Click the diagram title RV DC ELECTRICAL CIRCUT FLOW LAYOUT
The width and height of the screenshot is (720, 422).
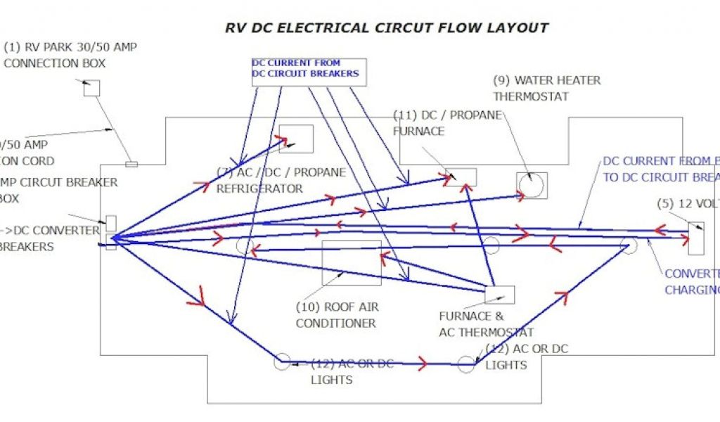pos(385,28)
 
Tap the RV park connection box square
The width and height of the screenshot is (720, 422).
pos(91,88)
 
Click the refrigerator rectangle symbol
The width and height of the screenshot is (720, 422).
pos(296,139)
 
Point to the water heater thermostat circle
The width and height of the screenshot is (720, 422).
pos(531,185)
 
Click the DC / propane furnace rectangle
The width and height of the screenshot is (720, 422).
pos(461,177)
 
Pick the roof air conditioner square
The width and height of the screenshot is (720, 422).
pos(352,262)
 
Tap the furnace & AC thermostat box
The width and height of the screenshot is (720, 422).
pos(499,295)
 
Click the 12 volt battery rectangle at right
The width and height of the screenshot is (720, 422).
pos(695,238)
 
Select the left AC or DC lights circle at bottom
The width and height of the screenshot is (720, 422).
pos(281,362)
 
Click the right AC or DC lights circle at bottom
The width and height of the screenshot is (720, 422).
pos(467,364)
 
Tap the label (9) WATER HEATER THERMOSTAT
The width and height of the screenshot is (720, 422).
pos(546,88)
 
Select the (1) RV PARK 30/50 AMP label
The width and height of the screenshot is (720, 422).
pos(70,48)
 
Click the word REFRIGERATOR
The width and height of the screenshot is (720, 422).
pos(259,188)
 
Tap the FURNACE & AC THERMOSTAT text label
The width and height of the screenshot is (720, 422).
pos(486,324)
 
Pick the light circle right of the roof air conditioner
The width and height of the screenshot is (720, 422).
pos(491,245)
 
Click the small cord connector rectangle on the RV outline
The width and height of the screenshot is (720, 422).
pos(131,165)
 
